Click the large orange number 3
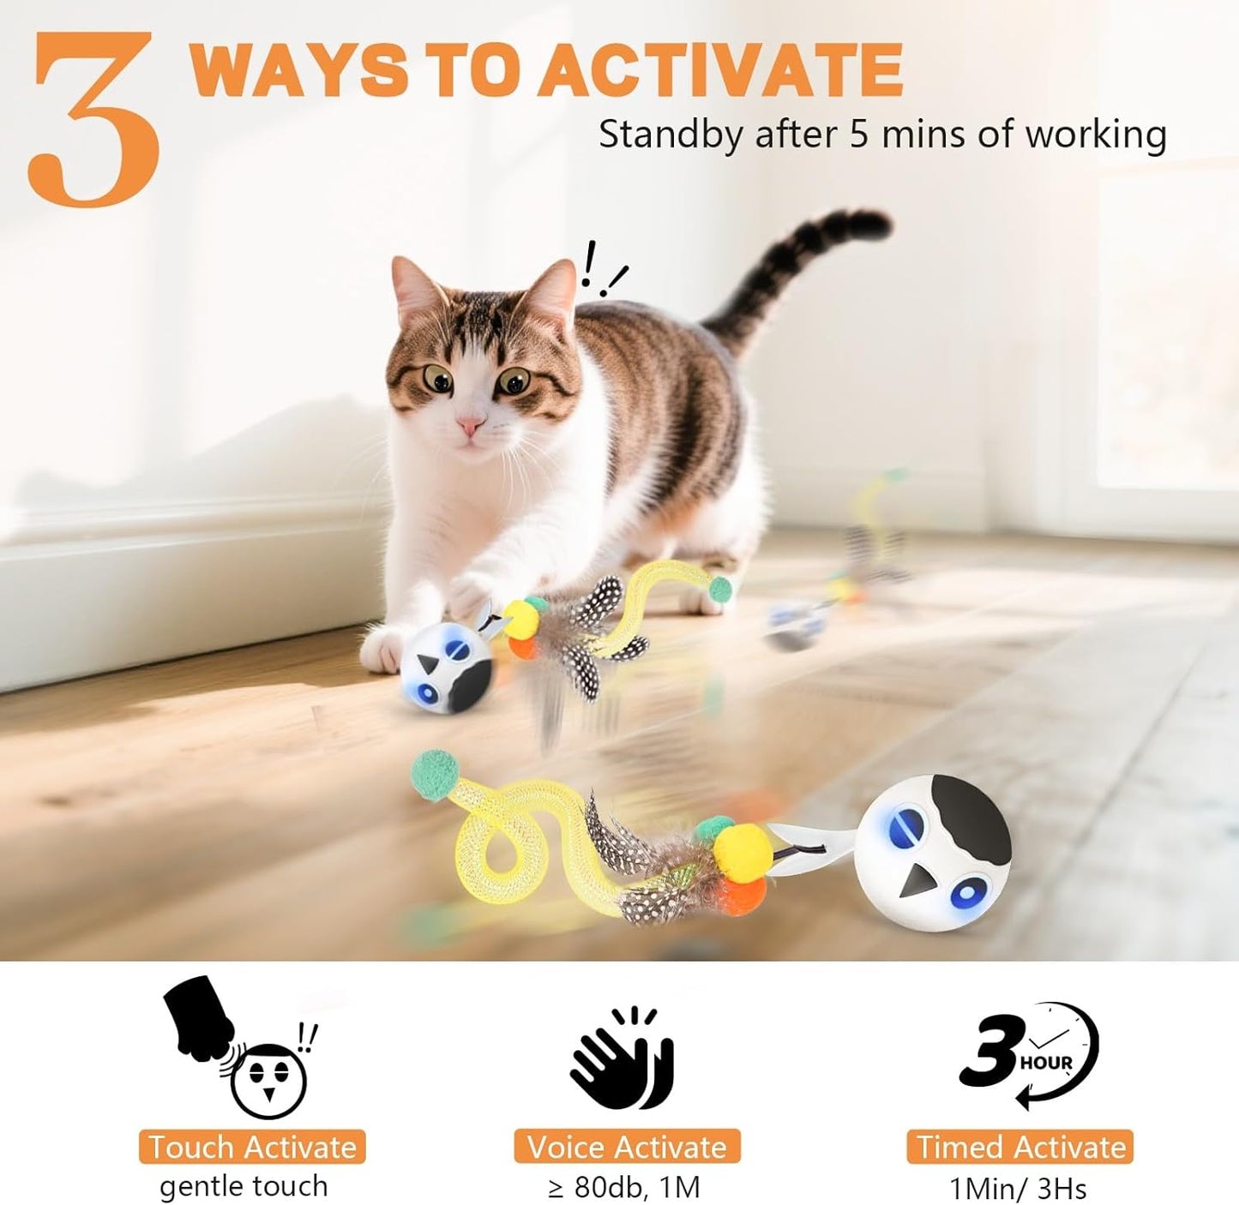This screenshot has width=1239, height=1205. coord(94,120)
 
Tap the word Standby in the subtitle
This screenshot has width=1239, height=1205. coord(670,135)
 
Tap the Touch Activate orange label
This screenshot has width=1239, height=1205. coord(252,1147)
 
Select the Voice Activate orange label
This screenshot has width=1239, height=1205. coord(627,1147)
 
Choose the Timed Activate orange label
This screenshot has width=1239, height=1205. coord(1020,1147)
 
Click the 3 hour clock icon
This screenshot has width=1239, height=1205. coord(1029,1054)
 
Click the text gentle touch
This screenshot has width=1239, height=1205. coord(244,1187)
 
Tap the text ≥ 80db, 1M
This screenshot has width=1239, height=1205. coord(624,1188)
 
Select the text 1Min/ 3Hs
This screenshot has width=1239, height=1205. coord(1018,1189)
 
